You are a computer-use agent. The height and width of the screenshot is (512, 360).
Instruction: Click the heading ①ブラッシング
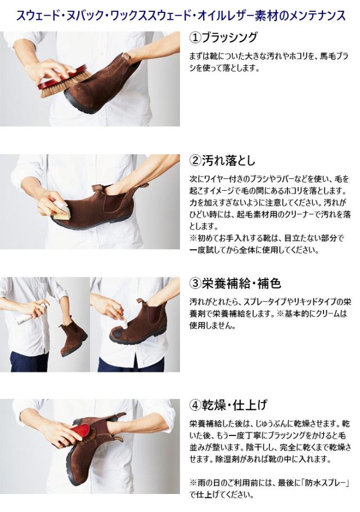223,38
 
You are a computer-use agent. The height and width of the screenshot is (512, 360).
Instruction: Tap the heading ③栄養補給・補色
235,283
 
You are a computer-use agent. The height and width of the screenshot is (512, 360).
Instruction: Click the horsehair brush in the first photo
65,82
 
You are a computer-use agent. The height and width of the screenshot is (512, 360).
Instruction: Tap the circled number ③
195,284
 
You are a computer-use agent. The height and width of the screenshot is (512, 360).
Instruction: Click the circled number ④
195,406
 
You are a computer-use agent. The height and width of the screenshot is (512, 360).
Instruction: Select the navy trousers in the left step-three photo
29,361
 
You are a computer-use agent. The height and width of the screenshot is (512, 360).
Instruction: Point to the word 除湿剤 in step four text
228,459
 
